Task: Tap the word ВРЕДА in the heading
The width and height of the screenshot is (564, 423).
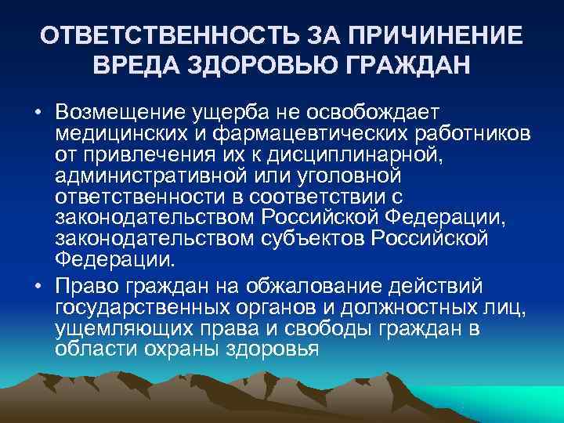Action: click(x=134, y=67)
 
